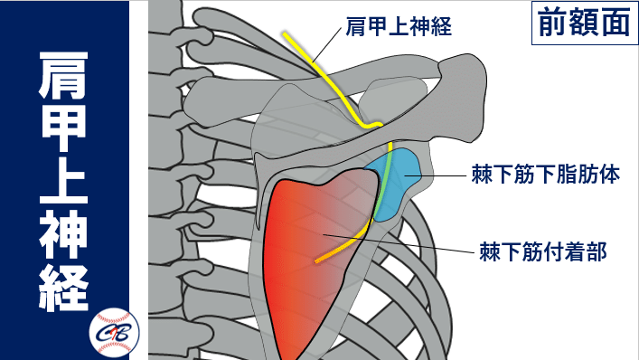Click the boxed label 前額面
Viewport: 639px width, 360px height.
581,24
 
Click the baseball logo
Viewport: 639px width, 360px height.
114,331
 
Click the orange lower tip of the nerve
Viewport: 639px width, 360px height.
319,262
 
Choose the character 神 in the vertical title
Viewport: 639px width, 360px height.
63,237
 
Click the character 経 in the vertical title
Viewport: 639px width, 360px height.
63,290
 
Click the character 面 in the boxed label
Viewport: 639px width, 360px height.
613,24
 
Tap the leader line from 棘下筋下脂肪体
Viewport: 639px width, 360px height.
443,174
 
